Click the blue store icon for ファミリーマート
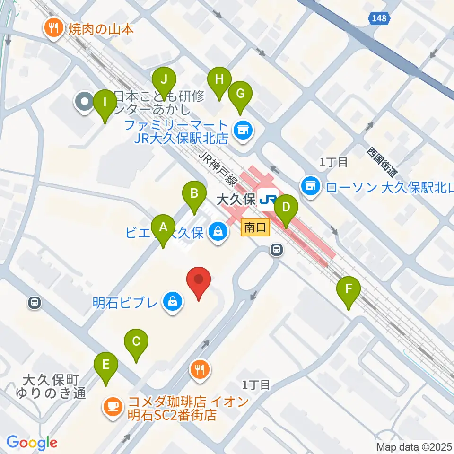[x=243, y=128]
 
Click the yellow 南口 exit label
[x=255, y=228]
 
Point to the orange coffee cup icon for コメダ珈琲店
[x=113, y=406]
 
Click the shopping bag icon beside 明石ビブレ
[x=173, y=301]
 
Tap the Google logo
[x=32, y=443]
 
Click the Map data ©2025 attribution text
[x=414, y=446]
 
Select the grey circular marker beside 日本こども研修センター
[x=85, y=101]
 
